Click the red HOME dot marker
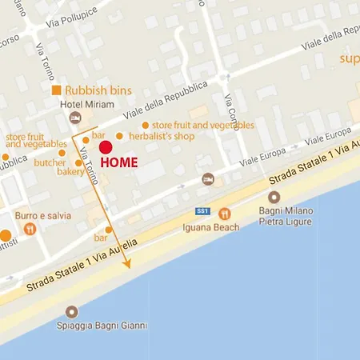(x=105, y=146)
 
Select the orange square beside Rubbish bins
(x=57, y=90)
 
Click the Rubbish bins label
(x=98, y=90)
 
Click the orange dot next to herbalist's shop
(x=120, y=136)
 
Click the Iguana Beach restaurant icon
(x=225, y=214)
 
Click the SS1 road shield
(x=202, y=211)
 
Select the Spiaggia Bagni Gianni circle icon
(x=73, y=311)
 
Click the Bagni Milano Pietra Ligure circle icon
(x=274, y=198)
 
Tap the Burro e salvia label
(x=43, y=215)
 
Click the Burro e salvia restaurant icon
(x=30, y=230)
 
